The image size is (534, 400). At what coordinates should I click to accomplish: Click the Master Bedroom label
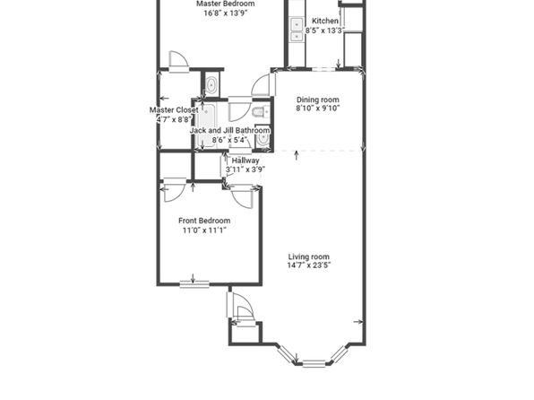click(226, 4)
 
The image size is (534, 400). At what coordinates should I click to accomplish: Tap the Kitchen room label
click(325, 21)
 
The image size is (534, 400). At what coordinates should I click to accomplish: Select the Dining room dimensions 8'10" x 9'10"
click(318, 109)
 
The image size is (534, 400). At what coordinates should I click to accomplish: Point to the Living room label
click(309, 257)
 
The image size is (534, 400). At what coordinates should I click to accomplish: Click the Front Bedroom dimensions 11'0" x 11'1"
click(204, 230)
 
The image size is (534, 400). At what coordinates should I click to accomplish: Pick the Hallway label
click(245, 161)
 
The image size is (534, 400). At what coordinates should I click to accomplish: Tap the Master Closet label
click(174, 110)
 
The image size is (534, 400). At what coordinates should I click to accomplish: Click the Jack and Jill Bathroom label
click(230, 130)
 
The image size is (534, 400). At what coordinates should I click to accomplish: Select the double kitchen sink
click(297, 30)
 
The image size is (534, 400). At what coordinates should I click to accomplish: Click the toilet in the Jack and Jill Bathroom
click(261, 111)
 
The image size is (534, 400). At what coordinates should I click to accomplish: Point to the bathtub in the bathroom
click(207, 126)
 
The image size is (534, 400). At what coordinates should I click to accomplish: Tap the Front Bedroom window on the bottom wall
click(194, 284)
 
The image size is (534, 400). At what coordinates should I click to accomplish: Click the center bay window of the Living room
click(314, 363)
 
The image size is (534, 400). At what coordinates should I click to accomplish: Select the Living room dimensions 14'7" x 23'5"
click(309, 265)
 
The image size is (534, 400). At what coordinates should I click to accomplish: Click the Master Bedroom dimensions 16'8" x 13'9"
click(226, 13)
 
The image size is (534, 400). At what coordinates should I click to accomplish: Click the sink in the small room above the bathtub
click(211, 84)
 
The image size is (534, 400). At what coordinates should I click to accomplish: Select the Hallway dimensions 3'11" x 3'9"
click(245, 170)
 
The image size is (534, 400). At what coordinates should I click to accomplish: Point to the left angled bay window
click(286, 354)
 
